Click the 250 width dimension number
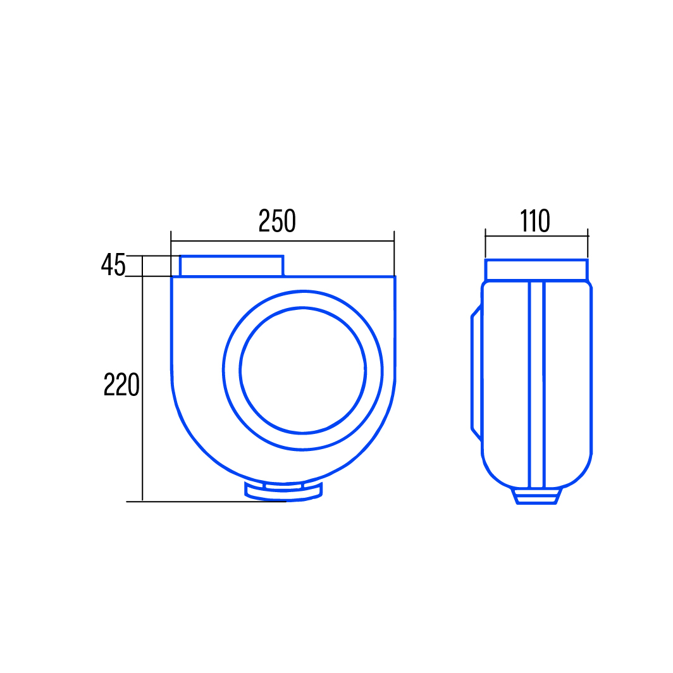point(277,221)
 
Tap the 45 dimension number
point(113,264)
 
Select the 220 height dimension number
point(121,384)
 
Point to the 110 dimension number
point(535,221)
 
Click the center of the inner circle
point(302,371)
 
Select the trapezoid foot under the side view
point(536,496)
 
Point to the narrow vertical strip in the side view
point(536,384)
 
